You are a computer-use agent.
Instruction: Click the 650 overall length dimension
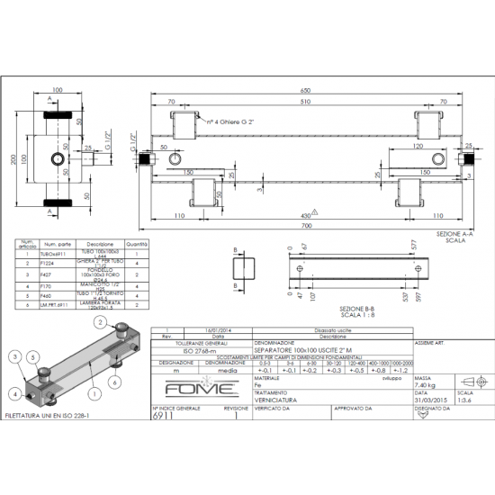click(305, 90)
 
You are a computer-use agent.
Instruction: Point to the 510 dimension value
click(305, 103)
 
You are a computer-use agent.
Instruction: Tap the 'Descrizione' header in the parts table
click(100, 243)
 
